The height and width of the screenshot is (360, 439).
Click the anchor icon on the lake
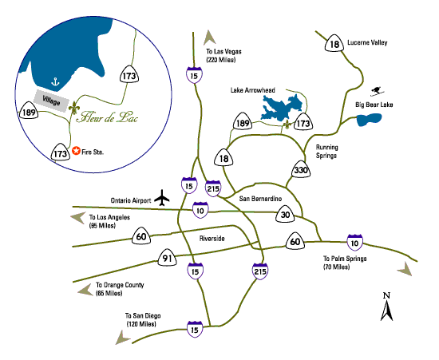(x=55, y=81)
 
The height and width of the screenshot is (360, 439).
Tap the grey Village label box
(x=52, y=101)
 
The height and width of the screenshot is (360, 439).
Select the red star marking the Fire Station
(x=76, y=151)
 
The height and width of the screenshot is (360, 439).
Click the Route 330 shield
(x=301, y=169)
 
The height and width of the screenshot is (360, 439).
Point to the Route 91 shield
(x=167, y=258)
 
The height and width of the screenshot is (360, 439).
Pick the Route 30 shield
(x=285, y=215)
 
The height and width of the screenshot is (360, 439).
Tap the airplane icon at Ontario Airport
(x=162, y=198)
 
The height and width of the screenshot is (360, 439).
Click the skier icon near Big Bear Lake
(x=377, y=91)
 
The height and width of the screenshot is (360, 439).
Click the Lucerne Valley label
(x=367, y=42)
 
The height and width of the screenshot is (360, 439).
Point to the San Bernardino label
(x=260, y=199)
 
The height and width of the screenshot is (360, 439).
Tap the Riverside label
(x=212, y=239)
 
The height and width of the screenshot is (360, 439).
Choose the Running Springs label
(x=326, y=152)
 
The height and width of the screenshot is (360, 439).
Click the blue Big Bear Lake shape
(x=369, y=120)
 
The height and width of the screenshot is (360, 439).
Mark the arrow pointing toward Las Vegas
(x=209, y=38)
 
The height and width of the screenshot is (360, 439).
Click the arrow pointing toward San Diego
(x=122, y=338)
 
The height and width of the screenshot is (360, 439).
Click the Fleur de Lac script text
(x=107, y=117)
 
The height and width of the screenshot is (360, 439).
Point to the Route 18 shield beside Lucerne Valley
(x=334, y=43)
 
